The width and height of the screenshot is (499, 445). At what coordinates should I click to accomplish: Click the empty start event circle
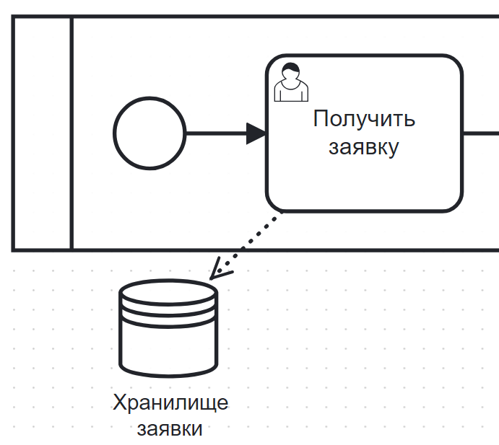tap(149, 133)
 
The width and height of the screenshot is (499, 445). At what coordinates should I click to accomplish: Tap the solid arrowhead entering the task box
tap(256, 133)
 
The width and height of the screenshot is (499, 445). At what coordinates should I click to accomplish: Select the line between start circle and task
tap(217, 133)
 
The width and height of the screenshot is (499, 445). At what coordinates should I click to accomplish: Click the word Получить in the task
tap(364, 119)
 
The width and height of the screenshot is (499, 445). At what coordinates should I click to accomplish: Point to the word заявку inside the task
tap(364, 146)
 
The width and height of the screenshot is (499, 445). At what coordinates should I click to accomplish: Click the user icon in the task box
tap(291, 82)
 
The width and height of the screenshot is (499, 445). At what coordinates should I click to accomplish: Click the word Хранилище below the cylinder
tap(170, 402)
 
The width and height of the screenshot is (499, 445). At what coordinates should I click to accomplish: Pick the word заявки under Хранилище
tap(170, 428)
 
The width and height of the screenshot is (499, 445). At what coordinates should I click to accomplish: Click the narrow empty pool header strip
tap(43, 133)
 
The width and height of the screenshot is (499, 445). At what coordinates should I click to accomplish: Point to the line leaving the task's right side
tap(480, 133)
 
